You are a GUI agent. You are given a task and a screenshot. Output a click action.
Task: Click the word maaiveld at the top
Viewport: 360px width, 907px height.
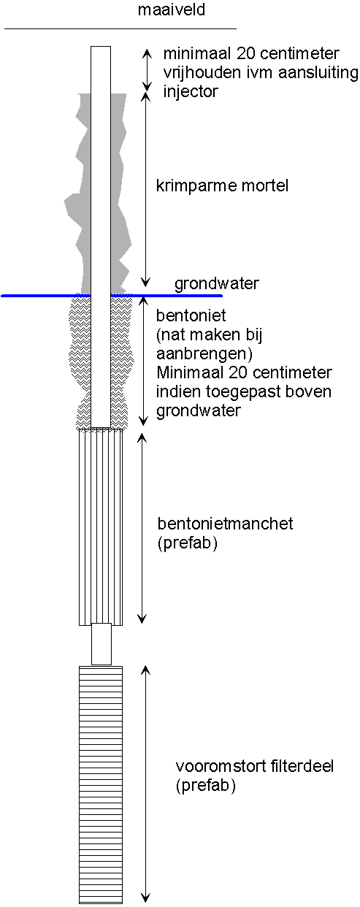172,9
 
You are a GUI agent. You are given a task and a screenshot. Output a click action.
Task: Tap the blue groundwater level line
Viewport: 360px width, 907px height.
112,296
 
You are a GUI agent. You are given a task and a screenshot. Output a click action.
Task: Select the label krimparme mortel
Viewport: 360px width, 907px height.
222,185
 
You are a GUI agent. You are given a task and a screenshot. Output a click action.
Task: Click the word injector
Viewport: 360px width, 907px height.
191,92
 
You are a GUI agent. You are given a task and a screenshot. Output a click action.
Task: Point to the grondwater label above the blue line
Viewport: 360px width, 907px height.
217,284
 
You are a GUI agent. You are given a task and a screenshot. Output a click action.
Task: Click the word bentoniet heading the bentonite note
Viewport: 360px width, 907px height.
191,315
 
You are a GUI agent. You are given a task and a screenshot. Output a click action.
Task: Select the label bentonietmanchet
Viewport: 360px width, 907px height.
225,524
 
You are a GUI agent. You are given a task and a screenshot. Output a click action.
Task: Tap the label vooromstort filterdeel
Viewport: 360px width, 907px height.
255,767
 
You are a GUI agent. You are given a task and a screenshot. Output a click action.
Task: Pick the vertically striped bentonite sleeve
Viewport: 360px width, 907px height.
101,527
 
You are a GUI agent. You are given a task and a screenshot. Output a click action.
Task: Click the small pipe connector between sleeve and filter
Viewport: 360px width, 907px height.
101,644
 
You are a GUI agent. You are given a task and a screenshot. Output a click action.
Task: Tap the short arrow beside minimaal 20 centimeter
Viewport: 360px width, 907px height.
147,69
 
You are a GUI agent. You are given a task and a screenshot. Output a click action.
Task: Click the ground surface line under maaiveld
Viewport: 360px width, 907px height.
120,28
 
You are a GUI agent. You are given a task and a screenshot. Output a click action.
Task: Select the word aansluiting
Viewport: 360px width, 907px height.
318,73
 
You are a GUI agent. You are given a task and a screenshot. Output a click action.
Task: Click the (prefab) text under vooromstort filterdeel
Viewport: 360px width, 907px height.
206,786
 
